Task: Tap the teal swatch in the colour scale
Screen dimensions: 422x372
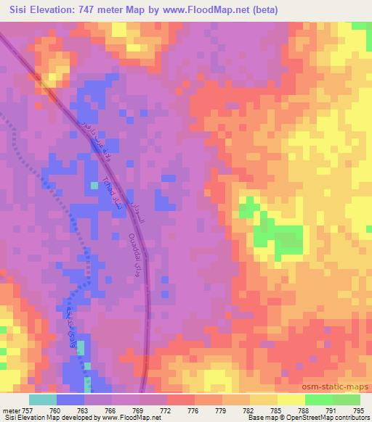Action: click(43, 400)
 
